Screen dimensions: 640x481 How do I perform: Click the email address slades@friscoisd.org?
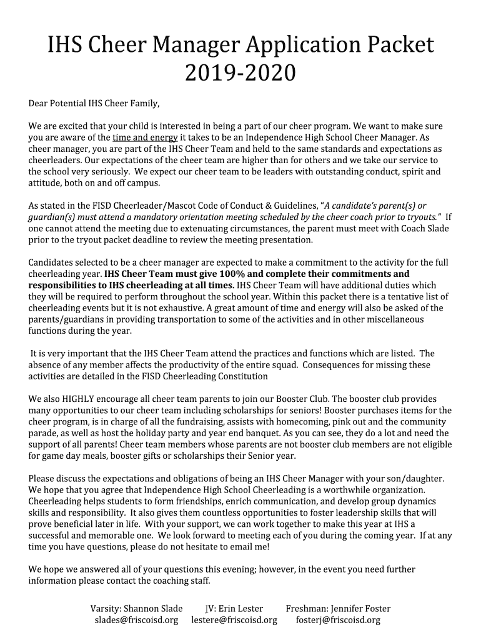click(x=136, y=620)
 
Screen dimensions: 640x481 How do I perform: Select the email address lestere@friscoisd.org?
click(x=234, y=620)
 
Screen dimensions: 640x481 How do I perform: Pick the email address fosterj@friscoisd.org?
click(x=338, y=620)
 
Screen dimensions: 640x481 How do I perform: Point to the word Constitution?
click(x=242, y=376)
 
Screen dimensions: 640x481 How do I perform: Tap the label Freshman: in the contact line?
click(x=307, y=608)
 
